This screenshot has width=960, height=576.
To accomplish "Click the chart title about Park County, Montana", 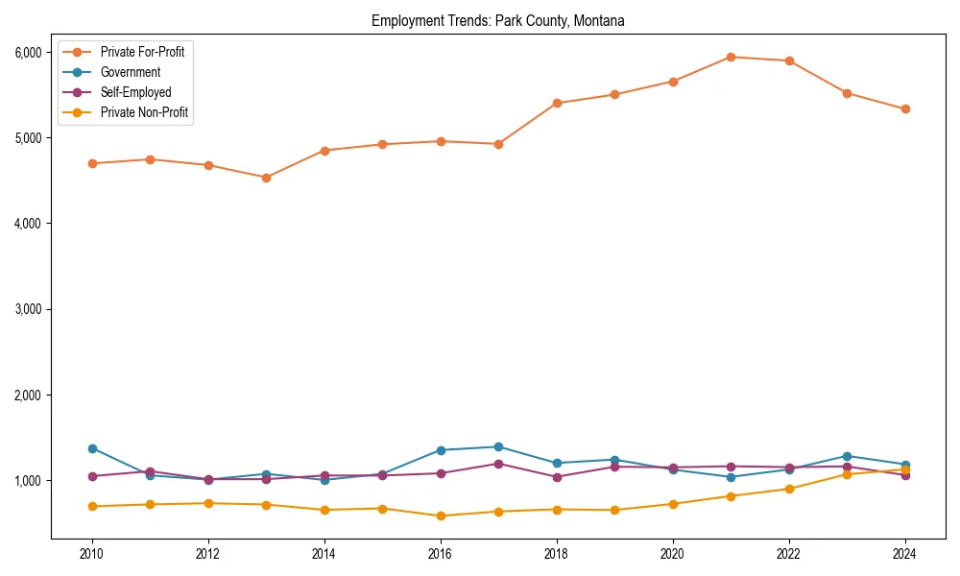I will pos(497,21).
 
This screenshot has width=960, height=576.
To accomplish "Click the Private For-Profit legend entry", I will pos(142,52).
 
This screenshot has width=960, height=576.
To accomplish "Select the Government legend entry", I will pos(131,72).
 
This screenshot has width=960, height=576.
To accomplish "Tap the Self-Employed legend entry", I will pos(135,92).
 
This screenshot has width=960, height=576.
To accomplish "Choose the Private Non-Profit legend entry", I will pos(144,113).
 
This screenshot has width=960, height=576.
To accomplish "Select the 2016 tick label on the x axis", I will pos(441,554).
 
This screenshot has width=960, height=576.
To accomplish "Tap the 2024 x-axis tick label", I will pos(904,554).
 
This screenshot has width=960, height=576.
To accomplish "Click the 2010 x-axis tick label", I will pos(92,554).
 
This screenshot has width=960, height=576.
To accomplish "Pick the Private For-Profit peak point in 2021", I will pos(731,57).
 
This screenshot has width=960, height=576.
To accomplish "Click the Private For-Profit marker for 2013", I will pos(266,178).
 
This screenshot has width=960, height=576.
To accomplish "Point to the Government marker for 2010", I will pos(92,448).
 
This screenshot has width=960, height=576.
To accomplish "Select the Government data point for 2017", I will pos(498,446).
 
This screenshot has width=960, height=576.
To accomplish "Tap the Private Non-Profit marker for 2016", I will pos(441,516).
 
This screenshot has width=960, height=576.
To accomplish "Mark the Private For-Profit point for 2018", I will pos(557,103).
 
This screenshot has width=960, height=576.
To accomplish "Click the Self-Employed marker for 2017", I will pos(498,464).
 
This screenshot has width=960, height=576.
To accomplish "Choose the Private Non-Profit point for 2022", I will pos(789,489).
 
